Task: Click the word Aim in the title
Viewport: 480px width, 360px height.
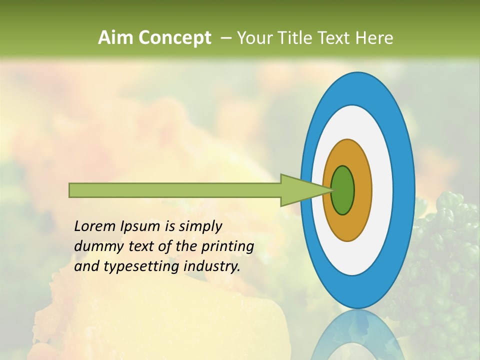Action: (116, 38)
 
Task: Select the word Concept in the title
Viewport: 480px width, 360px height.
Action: (174, 38)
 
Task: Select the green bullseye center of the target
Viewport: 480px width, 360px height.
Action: (343, 190)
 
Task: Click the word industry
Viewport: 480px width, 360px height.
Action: (212, 266)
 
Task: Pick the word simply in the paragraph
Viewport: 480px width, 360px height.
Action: (199, 226)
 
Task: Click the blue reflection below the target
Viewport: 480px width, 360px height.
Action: (358, 335)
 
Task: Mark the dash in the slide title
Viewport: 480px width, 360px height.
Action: (226, 38)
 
